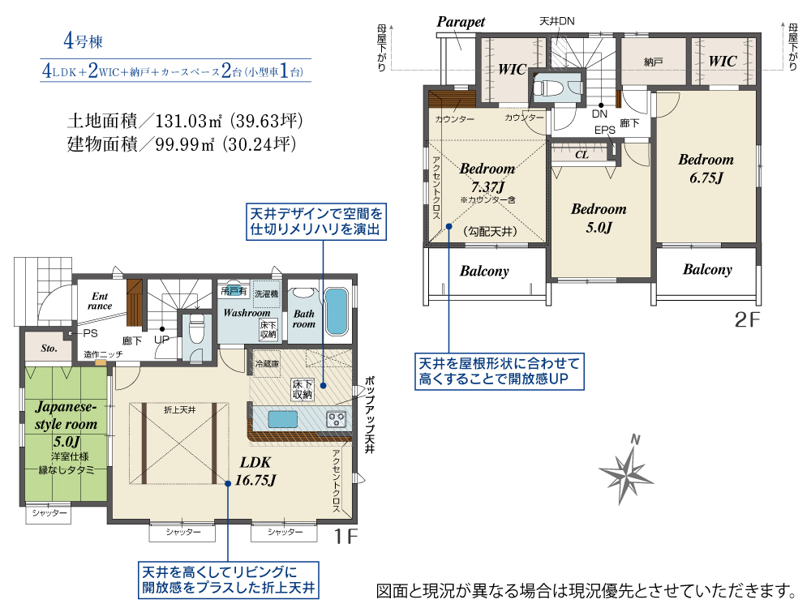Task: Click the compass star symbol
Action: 625,471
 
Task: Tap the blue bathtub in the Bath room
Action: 337,311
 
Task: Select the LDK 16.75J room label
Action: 255,472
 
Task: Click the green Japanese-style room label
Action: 66,424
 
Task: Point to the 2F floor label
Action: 748,320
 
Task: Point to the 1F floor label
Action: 345,537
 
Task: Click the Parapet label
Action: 461,22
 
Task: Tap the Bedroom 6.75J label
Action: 706,169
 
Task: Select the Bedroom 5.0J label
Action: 599,218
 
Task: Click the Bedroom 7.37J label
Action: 487,178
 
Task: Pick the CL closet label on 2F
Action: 581,155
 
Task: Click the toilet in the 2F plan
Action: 550,87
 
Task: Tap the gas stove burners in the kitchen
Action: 337,419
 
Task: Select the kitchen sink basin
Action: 282,419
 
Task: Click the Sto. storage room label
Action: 49,348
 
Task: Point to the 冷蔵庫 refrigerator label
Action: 267,364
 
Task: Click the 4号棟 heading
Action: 84,41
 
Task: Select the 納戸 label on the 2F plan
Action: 653,62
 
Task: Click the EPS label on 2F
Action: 605,131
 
